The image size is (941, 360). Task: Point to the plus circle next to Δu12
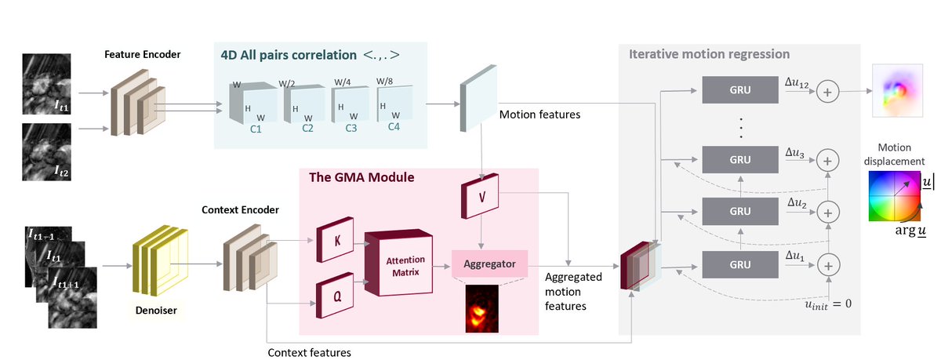tap(827, 92)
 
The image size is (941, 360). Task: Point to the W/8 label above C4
tap(384, 81)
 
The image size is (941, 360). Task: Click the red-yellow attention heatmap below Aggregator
tap(481, 307)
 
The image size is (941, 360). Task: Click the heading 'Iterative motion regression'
tap(709, 54)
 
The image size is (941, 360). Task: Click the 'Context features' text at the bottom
tap(309, 353)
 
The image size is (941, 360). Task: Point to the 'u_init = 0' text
tap(817, 303)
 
